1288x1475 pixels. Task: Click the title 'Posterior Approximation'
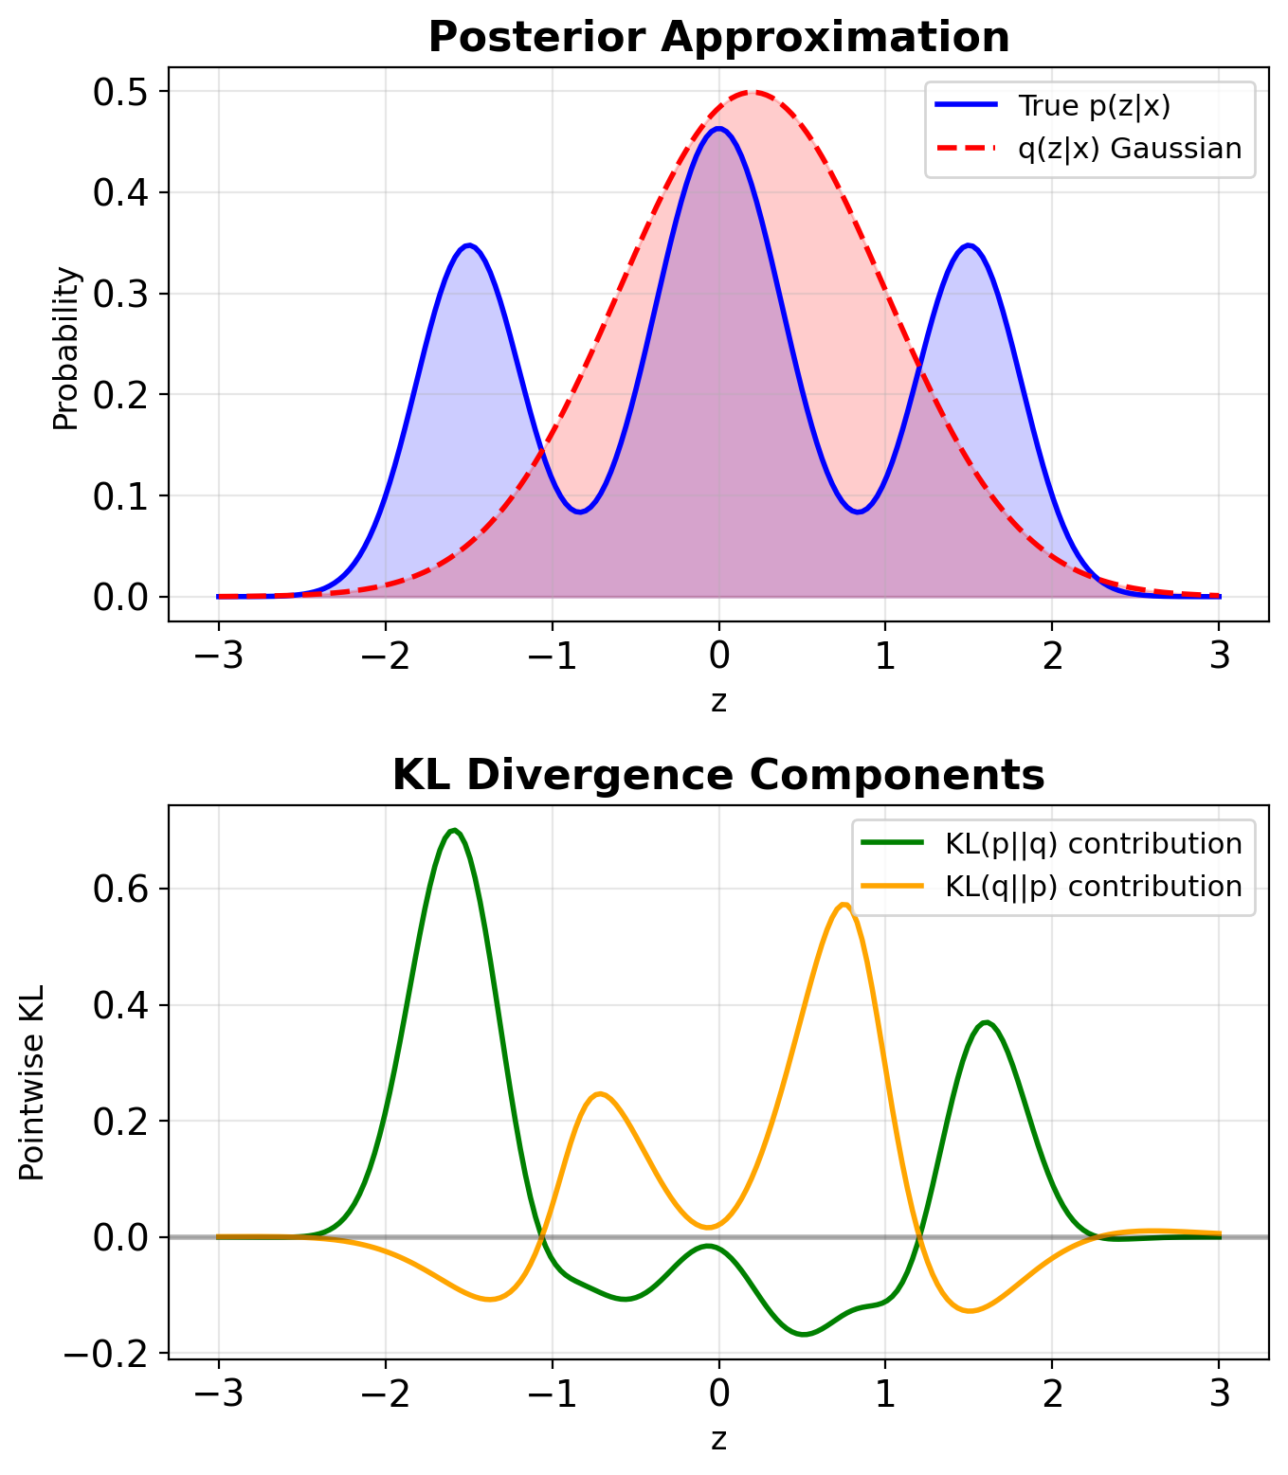pos(718,38)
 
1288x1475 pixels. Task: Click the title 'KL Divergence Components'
pos(718,776)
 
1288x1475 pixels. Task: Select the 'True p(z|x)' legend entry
pos(1094,106)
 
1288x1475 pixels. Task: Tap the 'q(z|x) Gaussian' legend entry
pos(1129,149)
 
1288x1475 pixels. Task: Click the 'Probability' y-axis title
pos(66,349)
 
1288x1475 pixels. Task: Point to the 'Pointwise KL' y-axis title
pos(32,1083)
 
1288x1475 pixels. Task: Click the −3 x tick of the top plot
pos(218,656)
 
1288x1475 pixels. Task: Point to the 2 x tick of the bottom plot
pos(1052,1394)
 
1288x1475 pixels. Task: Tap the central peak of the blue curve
pos(718,129)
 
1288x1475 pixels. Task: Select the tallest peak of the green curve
pos(455,830)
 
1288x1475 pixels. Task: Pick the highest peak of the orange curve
pos(843,905)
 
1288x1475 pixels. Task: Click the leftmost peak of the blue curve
pos(469,245)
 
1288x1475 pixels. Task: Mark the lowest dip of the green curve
pos(804,1334)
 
